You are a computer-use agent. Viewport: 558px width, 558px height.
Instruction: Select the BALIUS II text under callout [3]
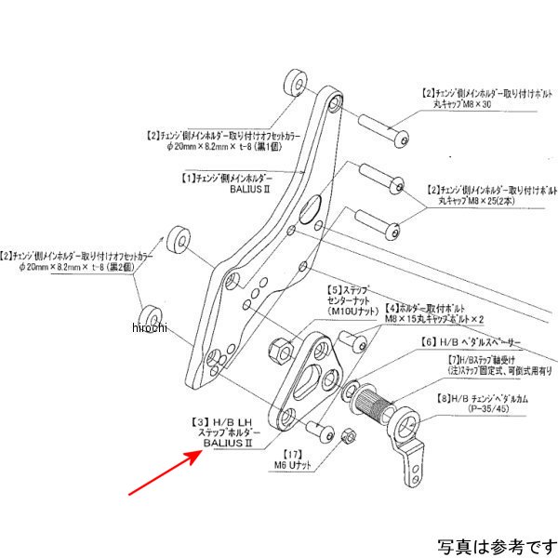pyautogui.click(x=228, y=444)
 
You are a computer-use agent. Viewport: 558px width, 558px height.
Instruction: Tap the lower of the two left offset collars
pyautogui.click(x=152, y=317)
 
